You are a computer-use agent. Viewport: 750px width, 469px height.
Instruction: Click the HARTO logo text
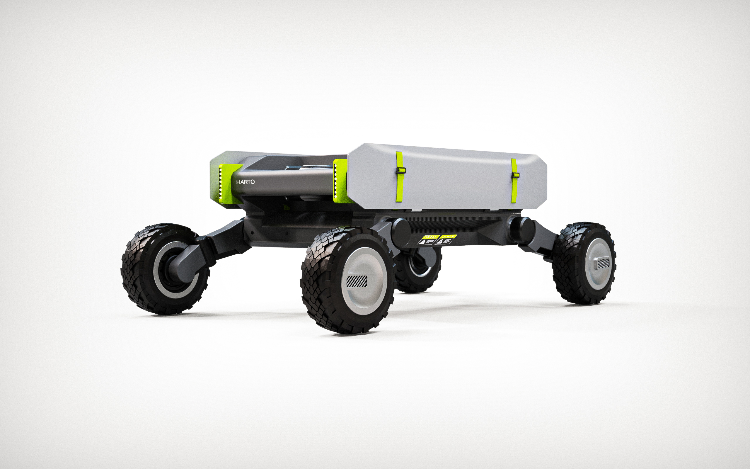(245, 182)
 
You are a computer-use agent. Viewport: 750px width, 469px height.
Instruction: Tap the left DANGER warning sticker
(428, 239)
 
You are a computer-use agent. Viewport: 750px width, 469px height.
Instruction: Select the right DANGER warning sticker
(446, 239)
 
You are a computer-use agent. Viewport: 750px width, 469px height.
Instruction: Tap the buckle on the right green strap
(515, 175)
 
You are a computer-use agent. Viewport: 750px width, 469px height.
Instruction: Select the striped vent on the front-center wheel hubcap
(357, 281)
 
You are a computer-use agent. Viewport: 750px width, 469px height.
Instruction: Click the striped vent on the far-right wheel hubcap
(603, 263)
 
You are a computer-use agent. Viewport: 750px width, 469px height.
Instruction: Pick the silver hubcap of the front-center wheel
(364, 281)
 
